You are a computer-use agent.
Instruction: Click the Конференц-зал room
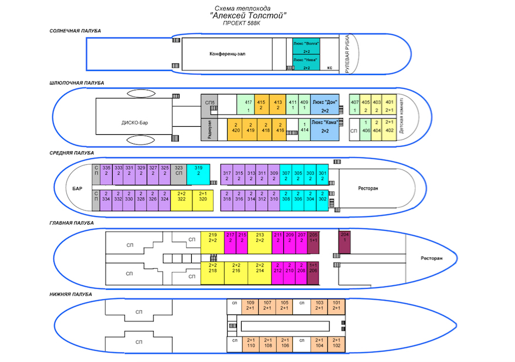226,54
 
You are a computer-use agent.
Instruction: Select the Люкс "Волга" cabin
306,46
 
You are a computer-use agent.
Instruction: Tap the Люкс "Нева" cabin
306,63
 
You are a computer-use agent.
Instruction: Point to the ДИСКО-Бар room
134,123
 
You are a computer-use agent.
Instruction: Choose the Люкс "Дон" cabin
325,104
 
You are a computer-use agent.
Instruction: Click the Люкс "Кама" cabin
325,126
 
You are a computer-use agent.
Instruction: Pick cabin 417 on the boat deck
248,104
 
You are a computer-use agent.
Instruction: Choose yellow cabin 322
182,196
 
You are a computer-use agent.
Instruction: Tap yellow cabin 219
212,238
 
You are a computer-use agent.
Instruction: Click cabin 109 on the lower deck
250,305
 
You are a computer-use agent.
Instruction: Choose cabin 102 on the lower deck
337,343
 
